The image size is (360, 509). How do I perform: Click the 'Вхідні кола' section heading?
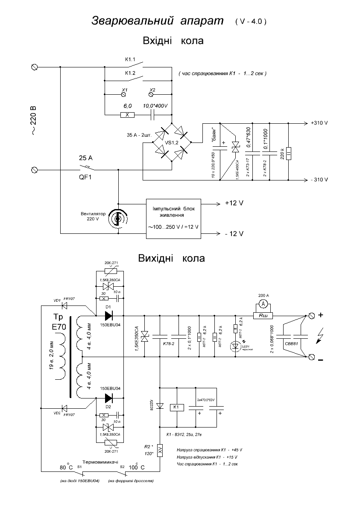point(173,41)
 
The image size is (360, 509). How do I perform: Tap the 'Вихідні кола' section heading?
point(171,258)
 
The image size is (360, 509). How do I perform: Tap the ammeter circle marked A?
point(263,304)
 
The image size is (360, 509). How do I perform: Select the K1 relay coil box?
point(176,407)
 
